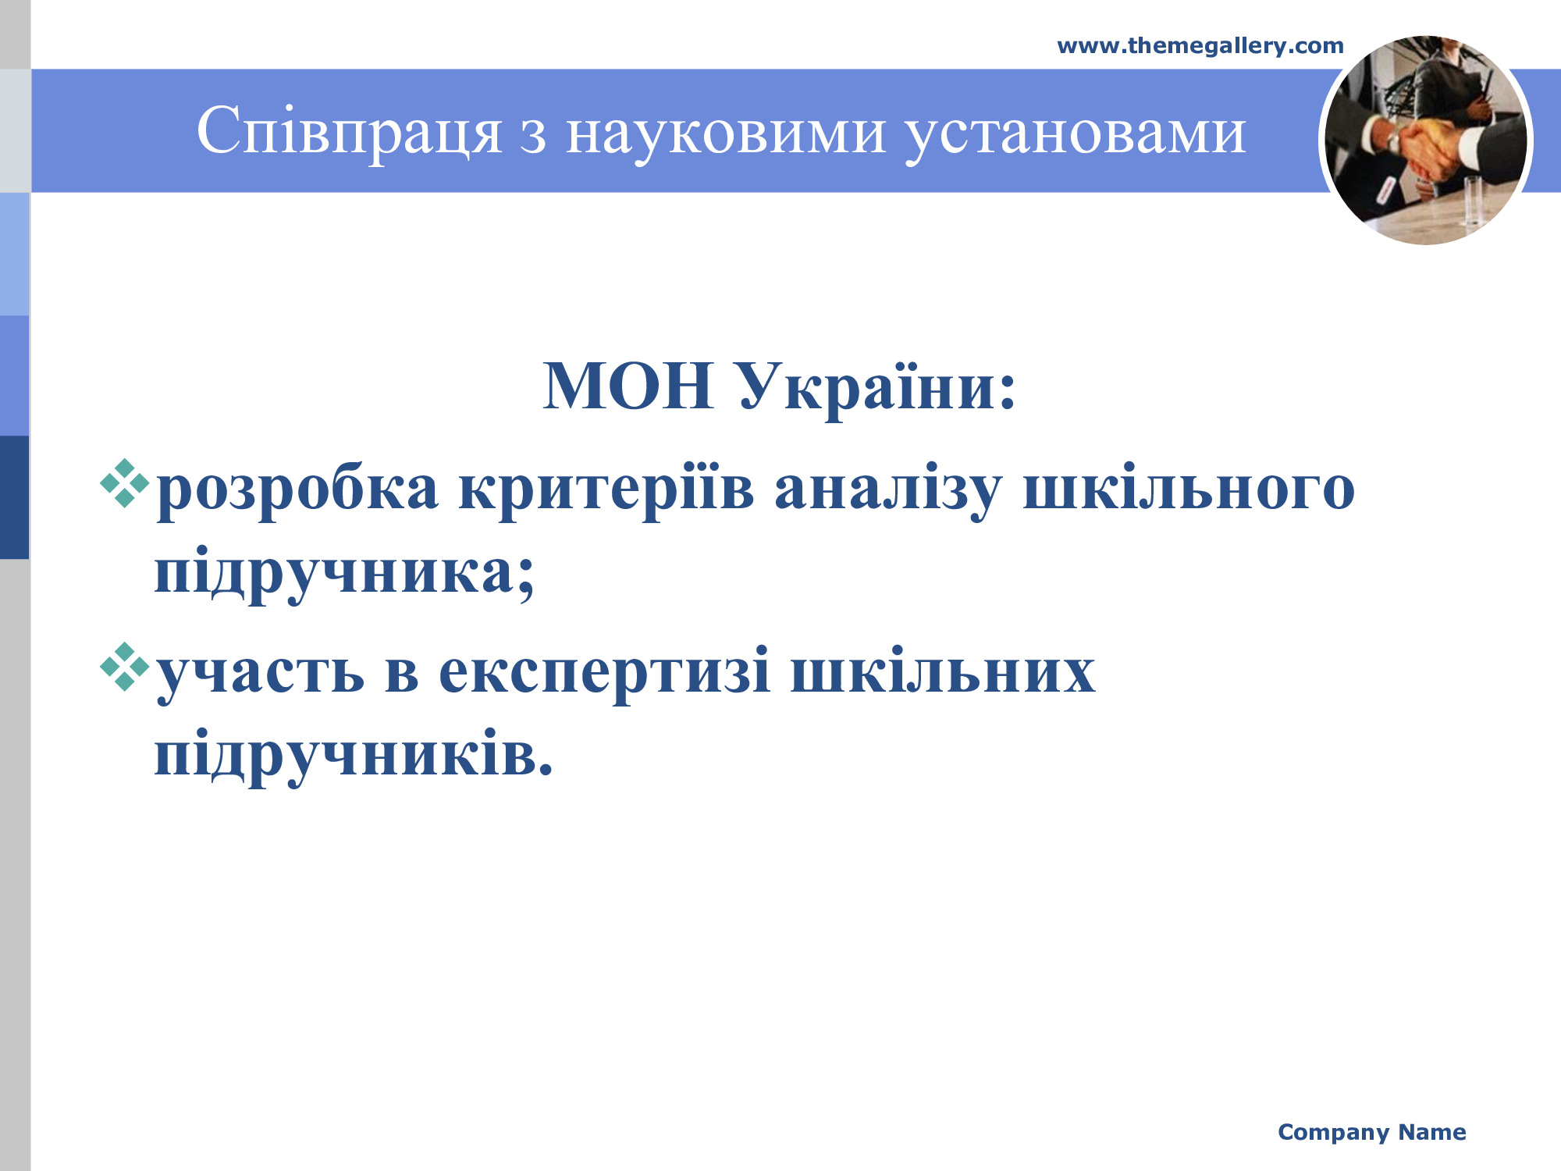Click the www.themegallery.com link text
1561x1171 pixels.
(1200, 46)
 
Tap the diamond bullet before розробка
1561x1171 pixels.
(124, 484)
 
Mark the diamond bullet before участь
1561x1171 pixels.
(124, 667)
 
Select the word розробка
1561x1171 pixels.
(297, 490)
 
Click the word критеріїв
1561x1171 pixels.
(606, 490)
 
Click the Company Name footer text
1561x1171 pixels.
(1372, 1133)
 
